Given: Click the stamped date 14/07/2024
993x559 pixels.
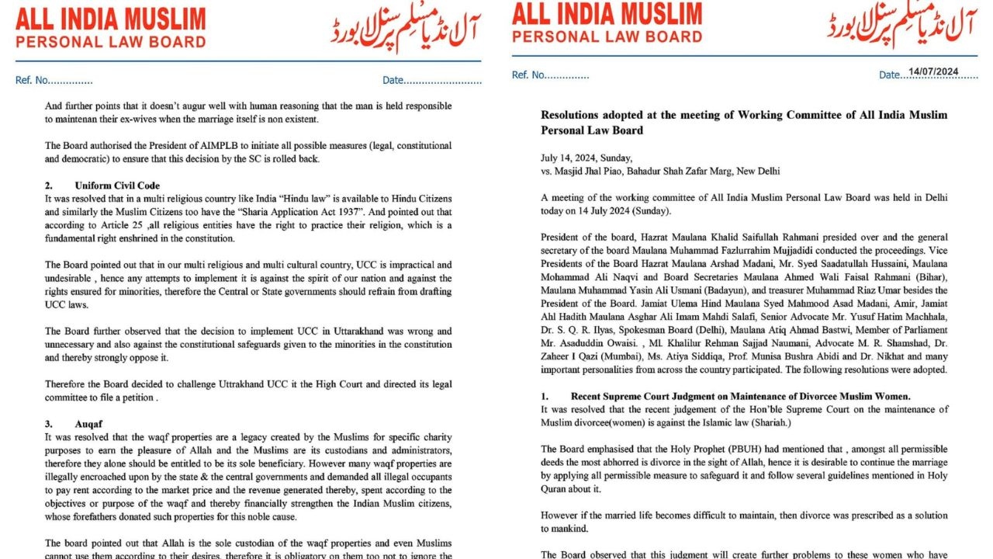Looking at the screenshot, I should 933,71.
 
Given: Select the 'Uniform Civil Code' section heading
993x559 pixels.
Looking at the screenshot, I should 117,186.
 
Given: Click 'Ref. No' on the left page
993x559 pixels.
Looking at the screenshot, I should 54,80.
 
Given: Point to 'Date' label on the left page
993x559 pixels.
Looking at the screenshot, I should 393,80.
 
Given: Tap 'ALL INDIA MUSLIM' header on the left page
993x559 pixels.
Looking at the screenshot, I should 111,19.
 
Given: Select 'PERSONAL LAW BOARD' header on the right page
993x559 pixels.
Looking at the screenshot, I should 607,36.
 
